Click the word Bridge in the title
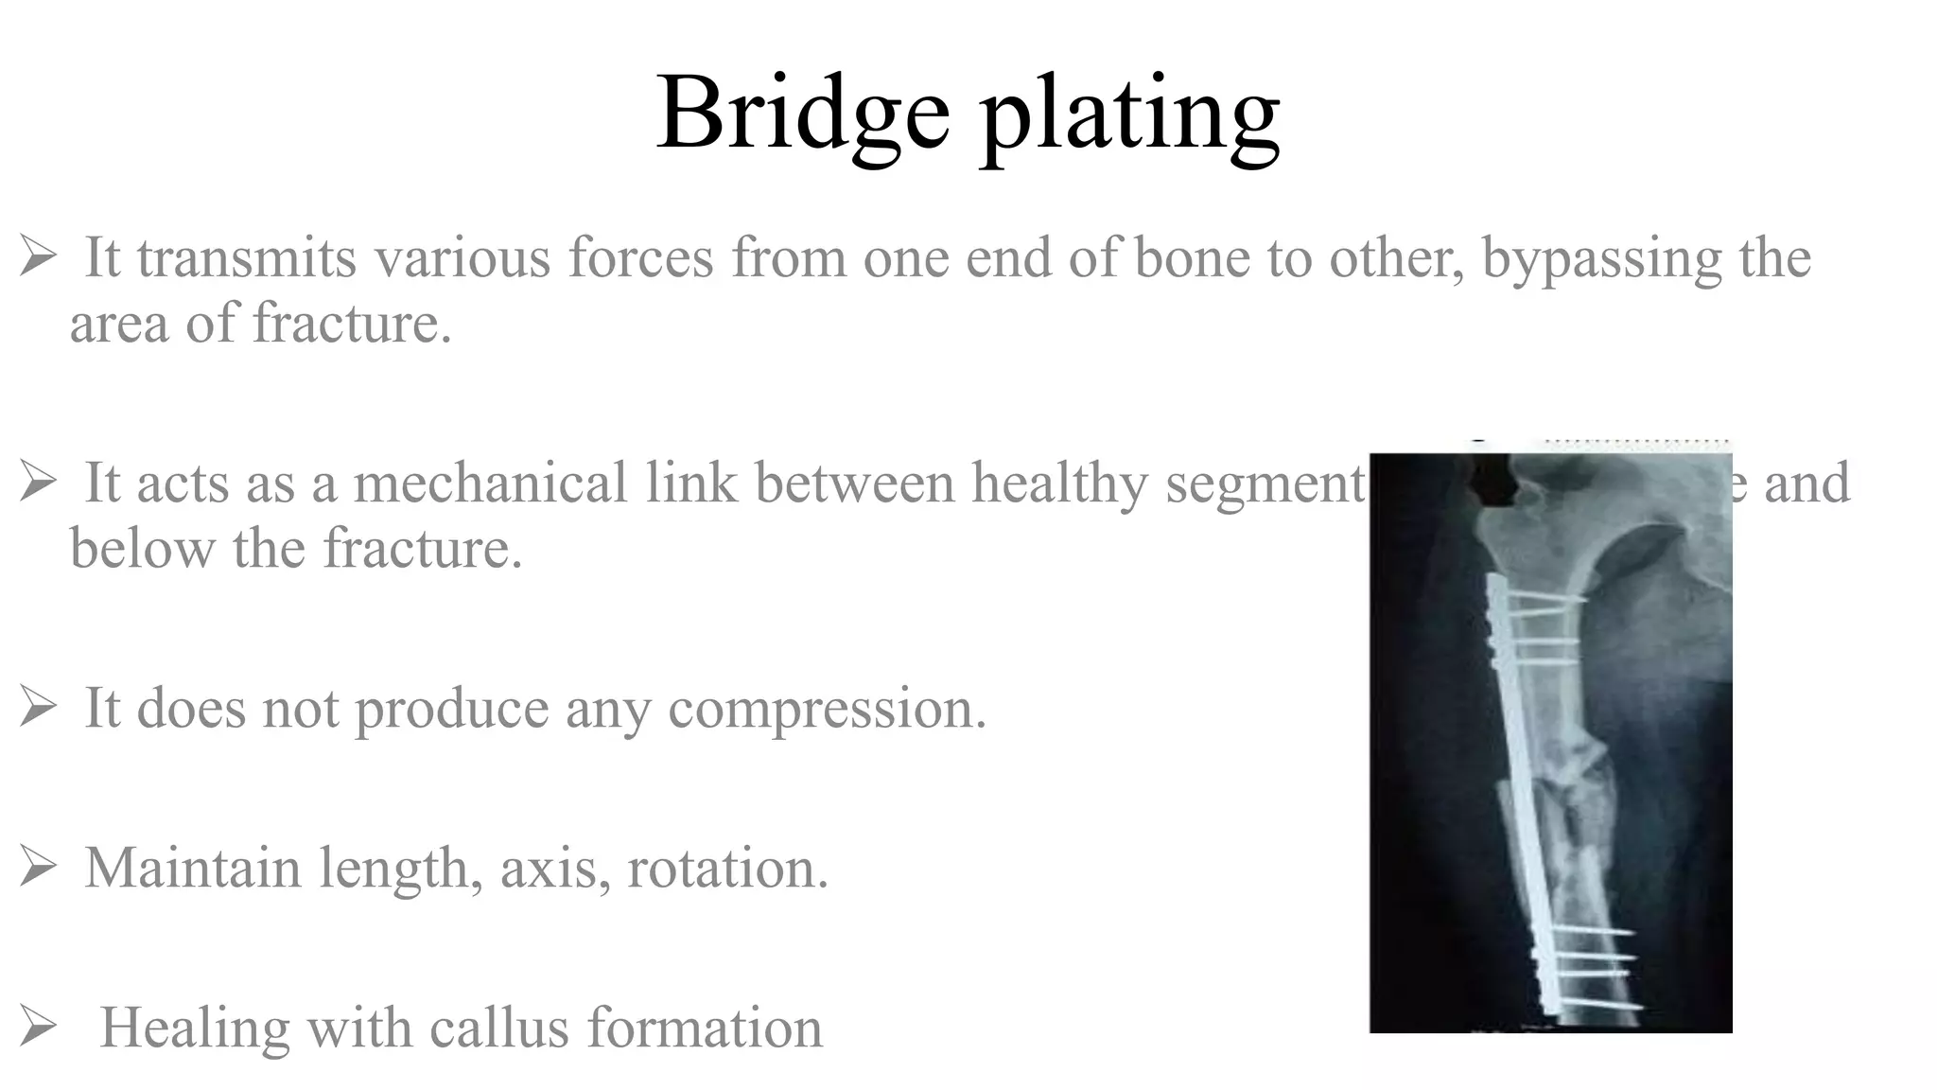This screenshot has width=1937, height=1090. pos(802,114)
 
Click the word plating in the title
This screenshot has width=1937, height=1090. pos(1130,115)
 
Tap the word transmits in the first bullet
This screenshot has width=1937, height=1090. pos(247,257)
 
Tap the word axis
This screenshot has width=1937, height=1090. pos(554,868)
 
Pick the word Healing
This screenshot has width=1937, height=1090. pos(195,1028)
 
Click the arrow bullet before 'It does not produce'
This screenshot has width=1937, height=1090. pos(38,708)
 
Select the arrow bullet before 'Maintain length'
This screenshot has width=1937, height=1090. pos(38,867)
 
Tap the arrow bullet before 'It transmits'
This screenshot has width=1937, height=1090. pos(38,256)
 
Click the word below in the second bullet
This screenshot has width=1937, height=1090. pos(142,548)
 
